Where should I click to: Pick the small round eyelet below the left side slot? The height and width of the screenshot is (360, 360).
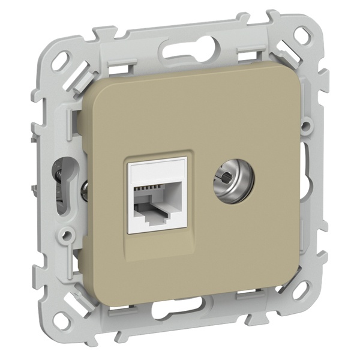[x=70, y=230]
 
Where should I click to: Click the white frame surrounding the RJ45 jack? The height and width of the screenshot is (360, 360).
[x=133, y=204]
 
